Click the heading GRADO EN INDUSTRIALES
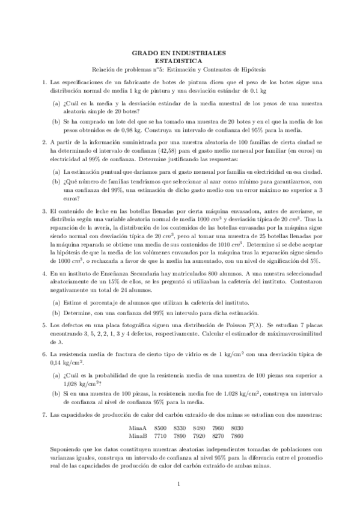180,53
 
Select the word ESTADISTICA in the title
180,61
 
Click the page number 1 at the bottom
180,484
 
